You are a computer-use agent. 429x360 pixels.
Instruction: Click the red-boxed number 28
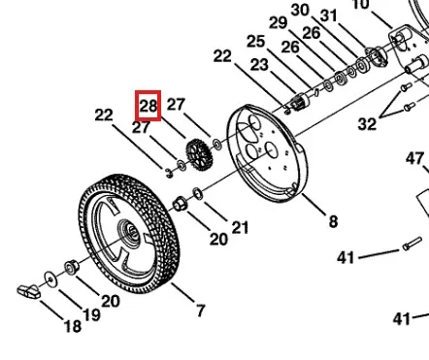[x=148, y=106]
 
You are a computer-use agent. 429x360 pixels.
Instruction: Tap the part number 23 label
[x=259, y=65]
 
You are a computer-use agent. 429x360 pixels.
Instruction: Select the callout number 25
[x=255, y=42]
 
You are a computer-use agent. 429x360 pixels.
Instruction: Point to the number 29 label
[x=279, y=23]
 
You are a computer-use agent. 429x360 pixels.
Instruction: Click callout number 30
[x=300, y=10]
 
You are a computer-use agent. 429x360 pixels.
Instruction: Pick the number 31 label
[x=329, y=16]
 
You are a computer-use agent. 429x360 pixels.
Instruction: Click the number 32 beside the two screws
[x=367, y=124]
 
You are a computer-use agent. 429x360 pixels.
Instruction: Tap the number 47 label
[x=414, y=159]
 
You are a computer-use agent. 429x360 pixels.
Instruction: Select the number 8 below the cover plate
[x=333, y=222]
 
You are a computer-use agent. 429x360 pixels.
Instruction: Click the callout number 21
[x=240, y=227]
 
